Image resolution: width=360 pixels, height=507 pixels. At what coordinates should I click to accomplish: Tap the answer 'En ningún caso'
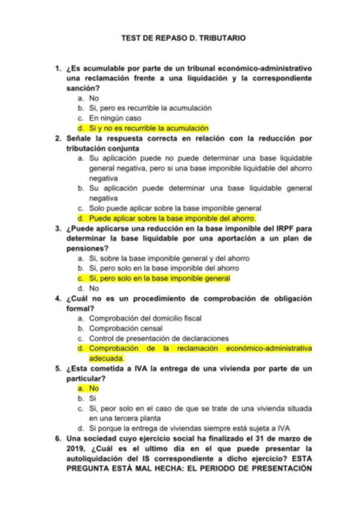115,118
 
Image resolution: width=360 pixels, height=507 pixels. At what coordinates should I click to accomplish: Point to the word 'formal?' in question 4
80,309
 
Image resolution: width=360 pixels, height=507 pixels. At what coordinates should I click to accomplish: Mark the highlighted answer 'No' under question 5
93,388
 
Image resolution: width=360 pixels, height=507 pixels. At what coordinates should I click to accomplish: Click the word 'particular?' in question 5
87,378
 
